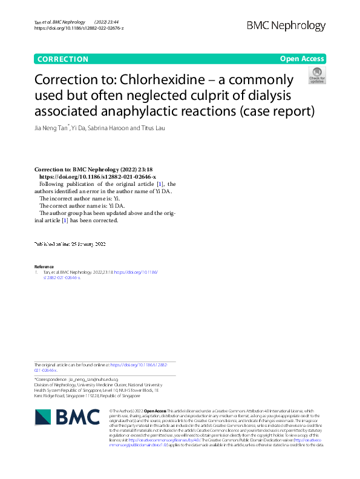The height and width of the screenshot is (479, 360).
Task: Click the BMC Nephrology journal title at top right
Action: click(x=286, y=25)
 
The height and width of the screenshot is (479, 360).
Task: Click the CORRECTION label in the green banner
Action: click(x=63, y=59)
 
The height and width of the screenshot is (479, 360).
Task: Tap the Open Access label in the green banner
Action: click(x=302, y=59)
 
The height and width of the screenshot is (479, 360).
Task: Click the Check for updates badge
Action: click(x=316, y=76)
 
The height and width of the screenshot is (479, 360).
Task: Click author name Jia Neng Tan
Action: click(x=51, y=128)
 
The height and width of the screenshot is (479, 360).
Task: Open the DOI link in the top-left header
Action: click(x=79, y=28)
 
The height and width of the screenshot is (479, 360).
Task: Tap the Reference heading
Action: click(x=44, y=266)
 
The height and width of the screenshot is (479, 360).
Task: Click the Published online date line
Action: click(x=70, y=244)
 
